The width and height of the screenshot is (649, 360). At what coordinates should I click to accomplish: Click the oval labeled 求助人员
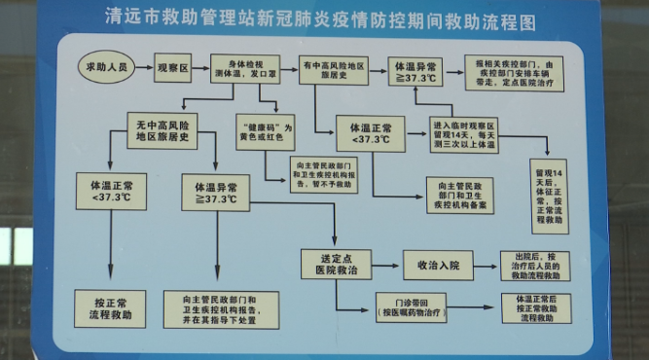click(104, 68)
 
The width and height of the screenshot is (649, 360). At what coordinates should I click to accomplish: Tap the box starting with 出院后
click(543, 264)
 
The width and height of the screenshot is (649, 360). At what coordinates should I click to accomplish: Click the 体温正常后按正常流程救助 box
click(543, 306)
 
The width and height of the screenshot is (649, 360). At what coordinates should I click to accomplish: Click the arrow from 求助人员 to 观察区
click(144, 68)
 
